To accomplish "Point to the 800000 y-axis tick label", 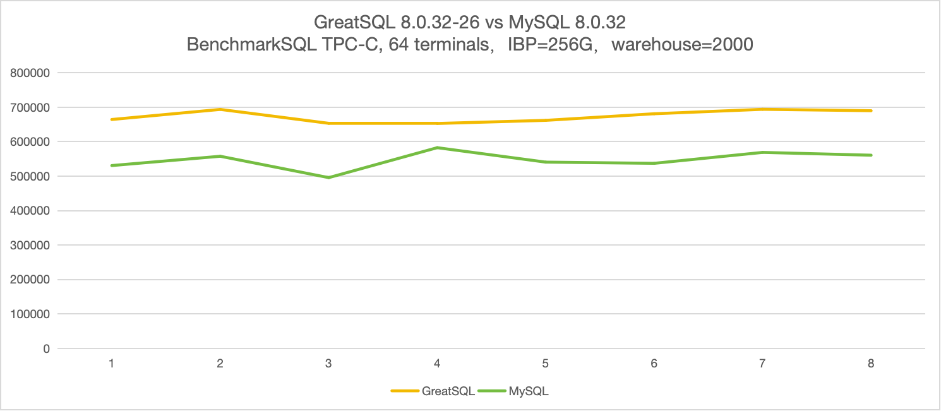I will coord(30,73).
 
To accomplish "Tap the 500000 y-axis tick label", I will coord(30,176).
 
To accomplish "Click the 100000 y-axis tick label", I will coord(30,314).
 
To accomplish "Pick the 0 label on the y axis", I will coord(45,348).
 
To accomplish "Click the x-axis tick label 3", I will coord(328,364).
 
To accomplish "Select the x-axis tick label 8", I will coord(871,364).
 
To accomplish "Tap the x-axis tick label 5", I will coord(545,364).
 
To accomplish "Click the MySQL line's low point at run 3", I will coord(328,177).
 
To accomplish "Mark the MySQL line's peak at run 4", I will coord(437,148).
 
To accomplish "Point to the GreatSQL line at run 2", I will coord(220,109).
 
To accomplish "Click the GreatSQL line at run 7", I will coord(762,109).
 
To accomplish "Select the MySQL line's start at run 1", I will coord(112,165).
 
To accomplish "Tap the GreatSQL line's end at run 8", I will coord(871,110).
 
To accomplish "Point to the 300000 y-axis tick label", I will coord(30,245).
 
